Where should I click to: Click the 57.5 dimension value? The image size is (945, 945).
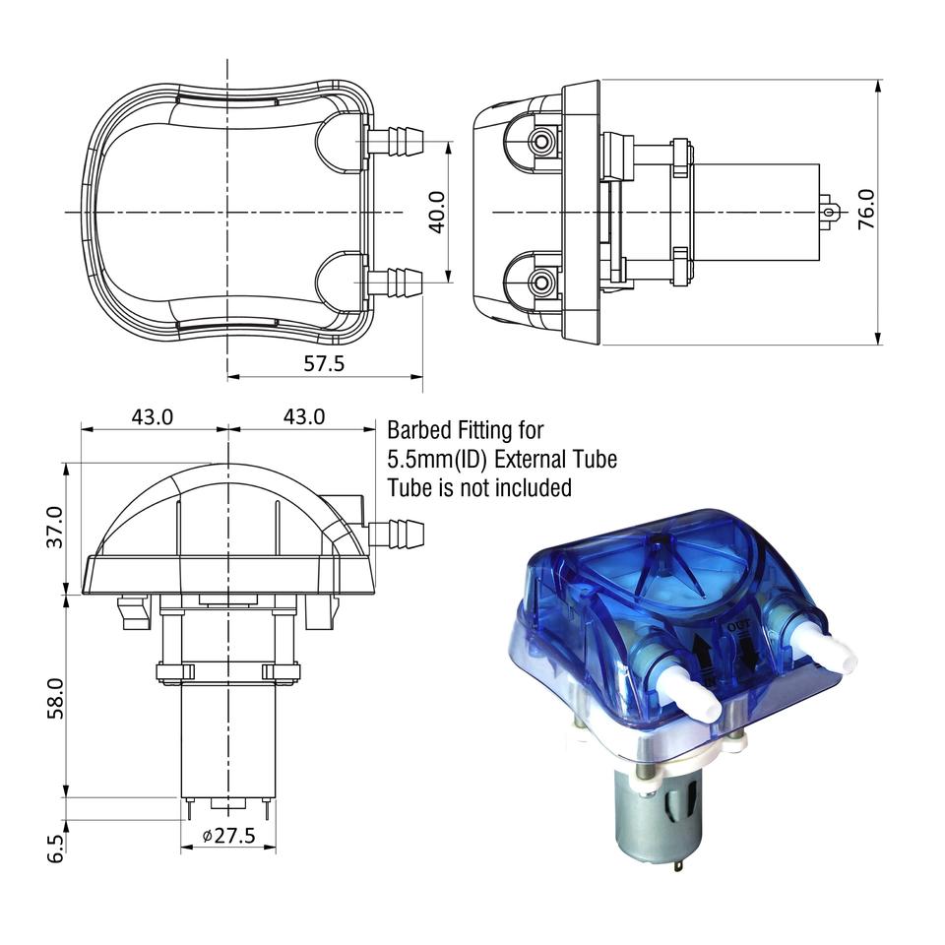tap(324, 363)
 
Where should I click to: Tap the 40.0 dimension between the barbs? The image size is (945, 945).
tap(437, 212)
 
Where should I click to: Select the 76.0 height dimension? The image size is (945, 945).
tap(866, 209)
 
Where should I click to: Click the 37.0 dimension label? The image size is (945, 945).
tap(55, 528)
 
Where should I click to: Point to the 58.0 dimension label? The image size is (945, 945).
tap(55, 699)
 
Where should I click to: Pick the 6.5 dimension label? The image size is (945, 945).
tap(55, 849)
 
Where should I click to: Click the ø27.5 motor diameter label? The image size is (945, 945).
tap(229, 836)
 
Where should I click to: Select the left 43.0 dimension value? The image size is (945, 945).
tap(153, 416)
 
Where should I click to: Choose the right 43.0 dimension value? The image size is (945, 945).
tap(304, 416)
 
